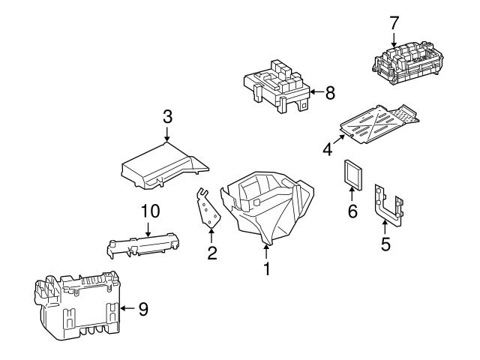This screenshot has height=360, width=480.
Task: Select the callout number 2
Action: [212, 254]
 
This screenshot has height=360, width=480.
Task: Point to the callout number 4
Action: [328, 148]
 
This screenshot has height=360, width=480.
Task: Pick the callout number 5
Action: [385, 244]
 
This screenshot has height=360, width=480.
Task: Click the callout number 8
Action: [329, 92]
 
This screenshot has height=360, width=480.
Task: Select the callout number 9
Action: [144, 308]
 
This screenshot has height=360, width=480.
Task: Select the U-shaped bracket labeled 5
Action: [388, 210]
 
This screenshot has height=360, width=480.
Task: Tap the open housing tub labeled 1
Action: [266, 206]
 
